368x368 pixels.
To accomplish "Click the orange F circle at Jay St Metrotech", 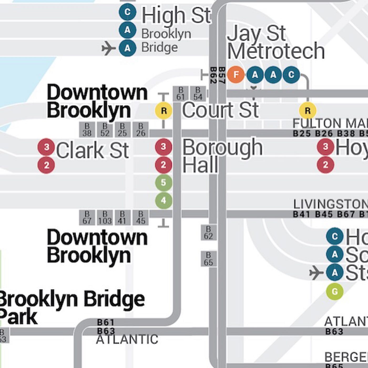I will (236, 75).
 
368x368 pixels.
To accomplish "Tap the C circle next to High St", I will (127, 12).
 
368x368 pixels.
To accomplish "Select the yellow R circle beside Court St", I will (163, 111).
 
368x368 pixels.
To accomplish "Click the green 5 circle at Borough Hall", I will (163, 182).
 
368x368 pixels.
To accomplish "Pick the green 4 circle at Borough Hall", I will (163, 200).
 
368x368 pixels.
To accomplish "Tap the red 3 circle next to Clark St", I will (46, 147).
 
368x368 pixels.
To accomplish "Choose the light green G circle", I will (335, 292).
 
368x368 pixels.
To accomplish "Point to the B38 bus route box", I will (87, 130).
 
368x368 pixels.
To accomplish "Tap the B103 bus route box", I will (105, 218).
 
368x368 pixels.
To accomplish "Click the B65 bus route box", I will (208, 259).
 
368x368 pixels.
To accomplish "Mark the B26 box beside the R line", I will (141, 130).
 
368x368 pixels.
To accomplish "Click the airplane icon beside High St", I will (109, 48).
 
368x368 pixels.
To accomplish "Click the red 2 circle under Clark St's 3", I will (46, 165).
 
